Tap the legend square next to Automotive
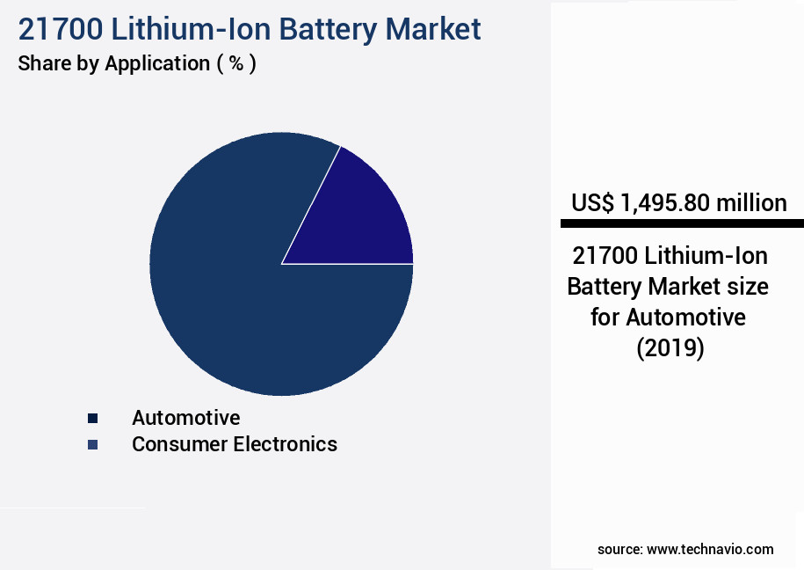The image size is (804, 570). pos(92,418)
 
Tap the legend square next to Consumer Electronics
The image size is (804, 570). pos(92,445)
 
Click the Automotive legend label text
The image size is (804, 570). pos(185,418)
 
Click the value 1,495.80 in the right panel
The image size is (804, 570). pos(665,203)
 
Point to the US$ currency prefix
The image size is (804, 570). pos(592,203)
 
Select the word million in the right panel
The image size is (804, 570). pos(750,203)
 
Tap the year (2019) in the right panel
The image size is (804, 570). pos(670,348)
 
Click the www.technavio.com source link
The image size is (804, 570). pos(710,549)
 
